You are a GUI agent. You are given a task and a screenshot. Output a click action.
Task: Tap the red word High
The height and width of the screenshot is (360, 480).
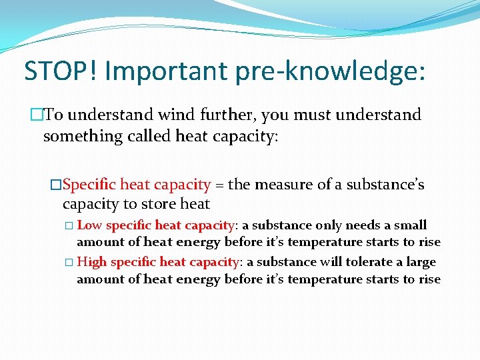pyautogui.click(x=92, y=262)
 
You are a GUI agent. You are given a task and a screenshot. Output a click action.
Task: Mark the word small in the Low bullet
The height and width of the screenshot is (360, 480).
pyautogui.click(x=411, y=225)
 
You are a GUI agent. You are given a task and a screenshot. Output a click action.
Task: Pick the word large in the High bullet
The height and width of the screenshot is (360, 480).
pyautogui.click(x=420, y=263)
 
